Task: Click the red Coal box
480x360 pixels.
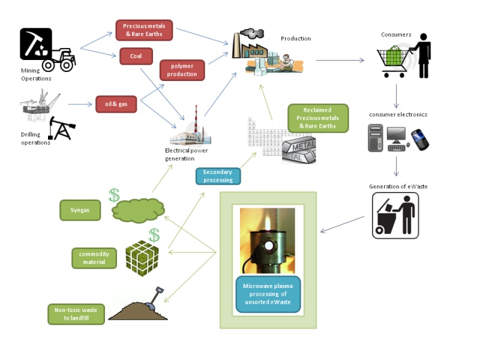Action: pos(136,56)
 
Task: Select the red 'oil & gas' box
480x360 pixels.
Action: pos(116,104)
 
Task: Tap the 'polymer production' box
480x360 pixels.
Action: pos(182,70)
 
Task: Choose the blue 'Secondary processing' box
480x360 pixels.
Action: pos(218,176)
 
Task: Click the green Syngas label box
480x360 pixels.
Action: pos(80,210)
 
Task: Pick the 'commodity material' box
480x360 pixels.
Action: pos(94,258)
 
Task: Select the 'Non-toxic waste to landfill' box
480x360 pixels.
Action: pos(76,314)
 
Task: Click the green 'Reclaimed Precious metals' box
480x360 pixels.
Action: pos(318,118)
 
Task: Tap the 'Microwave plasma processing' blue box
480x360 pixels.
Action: pos(268,294)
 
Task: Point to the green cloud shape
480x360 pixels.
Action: pos(138,211)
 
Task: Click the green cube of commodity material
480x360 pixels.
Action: pos(142,258)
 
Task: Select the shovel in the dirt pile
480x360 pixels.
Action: pos(155,298)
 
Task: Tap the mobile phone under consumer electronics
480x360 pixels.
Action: pos(420,140)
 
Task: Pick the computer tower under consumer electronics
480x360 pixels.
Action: pos(376,138)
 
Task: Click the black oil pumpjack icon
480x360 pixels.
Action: pos(62,128)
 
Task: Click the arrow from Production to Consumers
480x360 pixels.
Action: pos(340,61)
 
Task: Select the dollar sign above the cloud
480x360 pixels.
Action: pos(114,195)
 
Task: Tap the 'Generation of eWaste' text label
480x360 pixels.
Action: pos(398,187)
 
